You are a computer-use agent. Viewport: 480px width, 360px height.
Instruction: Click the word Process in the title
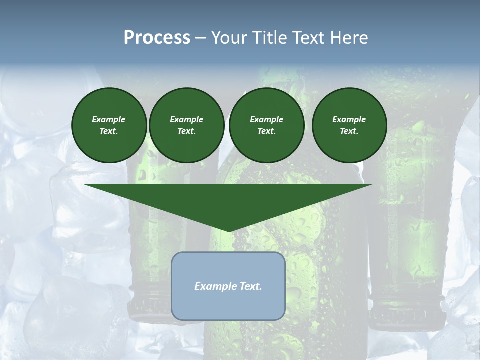coord(157,38)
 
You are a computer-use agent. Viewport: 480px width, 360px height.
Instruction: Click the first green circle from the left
coord(109,125)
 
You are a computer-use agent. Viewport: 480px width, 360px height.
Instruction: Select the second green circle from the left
coord(186,125)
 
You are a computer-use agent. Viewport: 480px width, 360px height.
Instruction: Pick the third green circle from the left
coord(266,125)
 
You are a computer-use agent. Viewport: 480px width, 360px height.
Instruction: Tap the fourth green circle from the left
coord(349,125)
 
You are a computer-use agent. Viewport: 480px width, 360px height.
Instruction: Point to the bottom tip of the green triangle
coord(228,231)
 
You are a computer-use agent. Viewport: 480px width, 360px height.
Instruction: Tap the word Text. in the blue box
coord(251,286)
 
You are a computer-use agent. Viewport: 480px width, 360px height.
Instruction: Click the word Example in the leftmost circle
coord(109,119)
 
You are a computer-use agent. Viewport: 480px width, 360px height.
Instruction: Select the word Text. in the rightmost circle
coord(349,131)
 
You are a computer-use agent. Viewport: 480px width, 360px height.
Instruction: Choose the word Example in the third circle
coord(266,119)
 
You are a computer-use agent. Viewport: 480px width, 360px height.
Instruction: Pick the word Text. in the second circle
coord(186,131)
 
